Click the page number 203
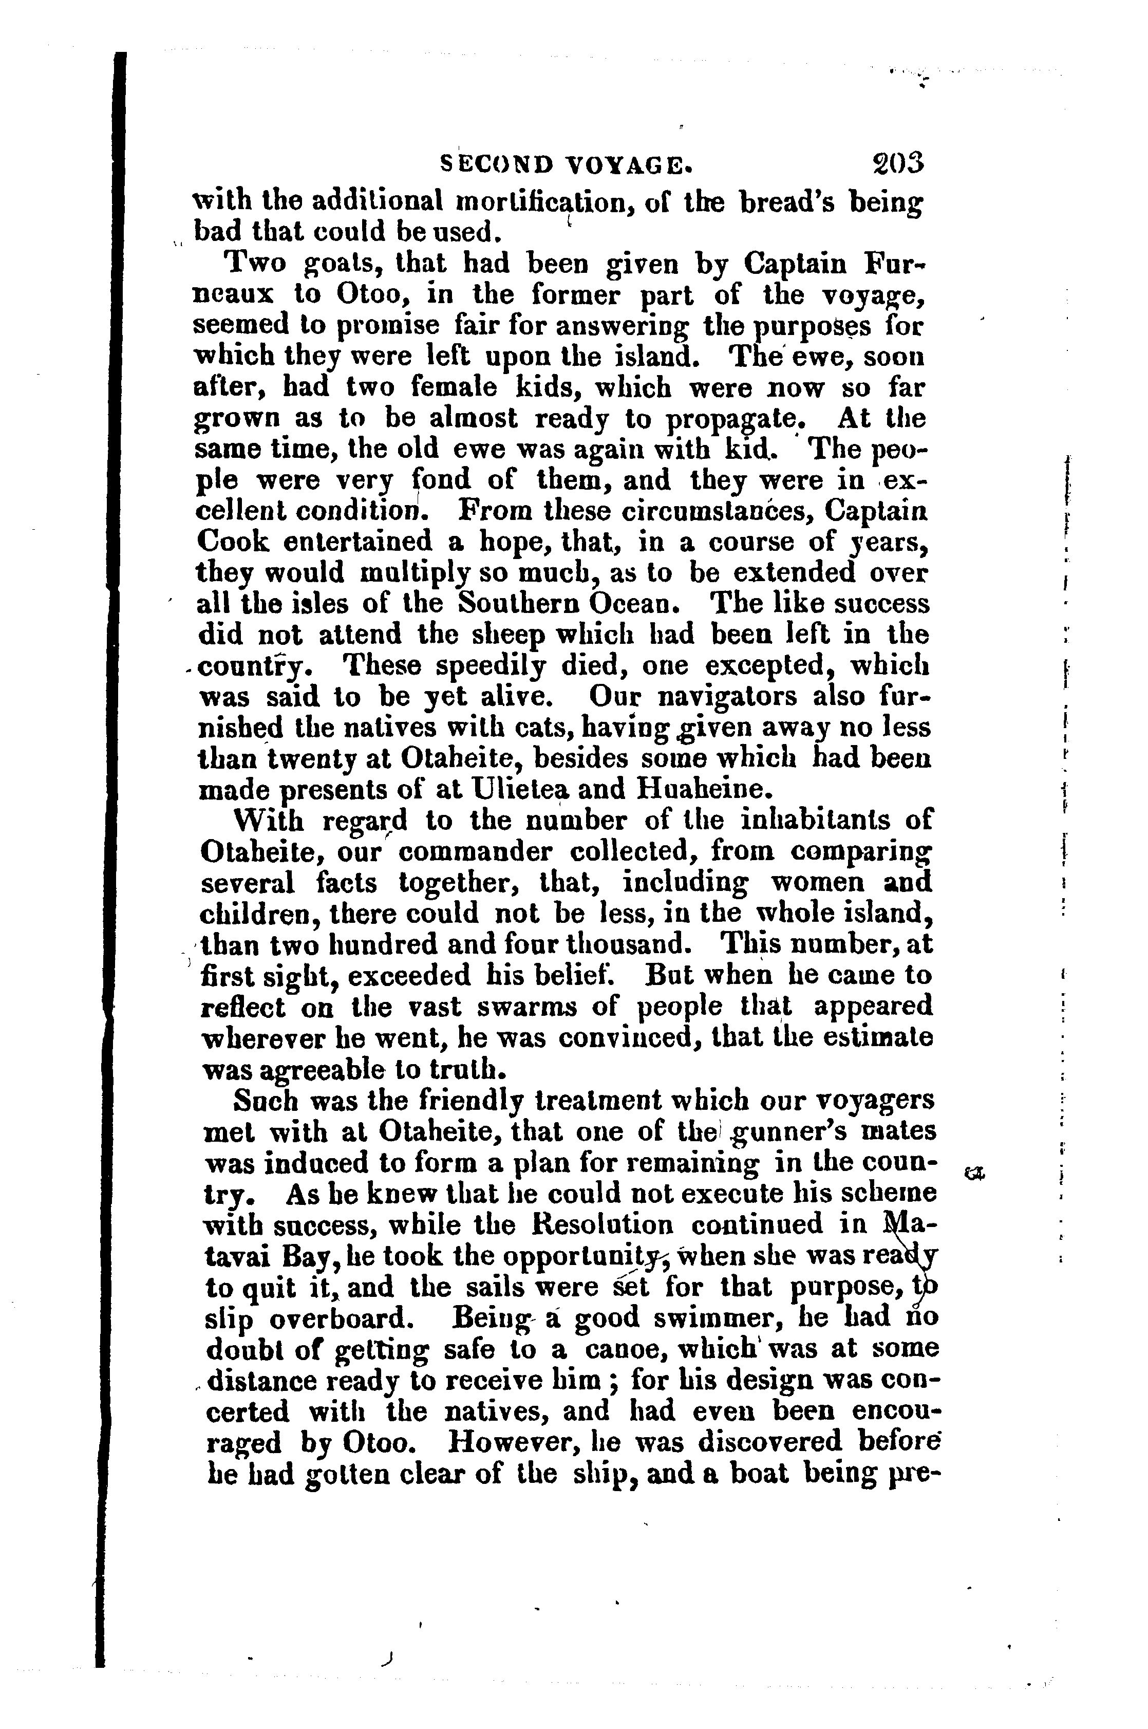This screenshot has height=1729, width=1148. click(898, 162)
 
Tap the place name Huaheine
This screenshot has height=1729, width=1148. click(706, 789)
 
